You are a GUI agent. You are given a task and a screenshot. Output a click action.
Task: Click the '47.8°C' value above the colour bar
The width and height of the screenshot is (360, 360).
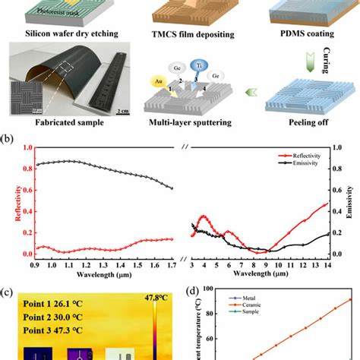(155, 297)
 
